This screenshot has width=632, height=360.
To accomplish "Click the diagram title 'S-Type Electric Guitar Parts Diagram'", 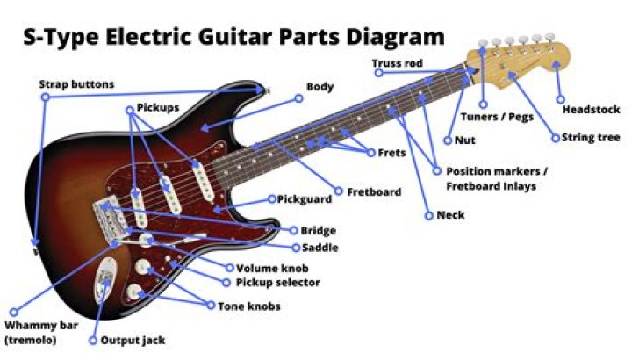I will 232,38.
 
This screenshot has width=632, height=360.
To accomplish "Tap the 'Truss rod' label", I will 397,63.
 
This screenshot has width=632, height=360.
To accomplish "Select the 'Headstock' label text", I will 591,110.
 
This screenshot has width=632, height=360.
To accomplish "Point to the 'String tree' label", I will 592,138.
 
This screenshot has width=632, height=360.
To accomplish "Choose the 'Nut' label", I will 465,140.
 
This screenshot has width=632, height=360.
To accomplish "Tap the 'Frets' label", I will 391,153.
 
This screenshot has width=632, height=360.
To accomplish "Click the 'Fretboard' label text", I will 374,191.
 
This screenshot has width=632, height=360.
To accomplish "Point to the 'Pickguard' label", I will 305,199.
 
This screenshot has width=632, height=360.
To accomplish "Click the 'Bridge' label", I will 318,231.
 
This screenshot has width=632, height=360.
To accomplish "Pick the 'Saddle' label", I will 320,248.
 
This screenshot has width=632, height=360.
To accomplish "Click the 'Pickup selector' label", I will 277,283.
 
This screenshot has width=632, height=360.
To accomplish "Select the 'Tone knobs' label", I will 249,306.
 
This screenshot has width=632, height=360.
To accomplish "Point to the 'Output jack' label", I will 133,341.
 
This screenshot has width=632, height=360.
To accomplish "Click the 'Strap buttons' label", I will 76,85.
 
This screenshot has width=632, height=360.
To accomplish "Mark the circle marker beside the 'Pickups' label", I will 131,109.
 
